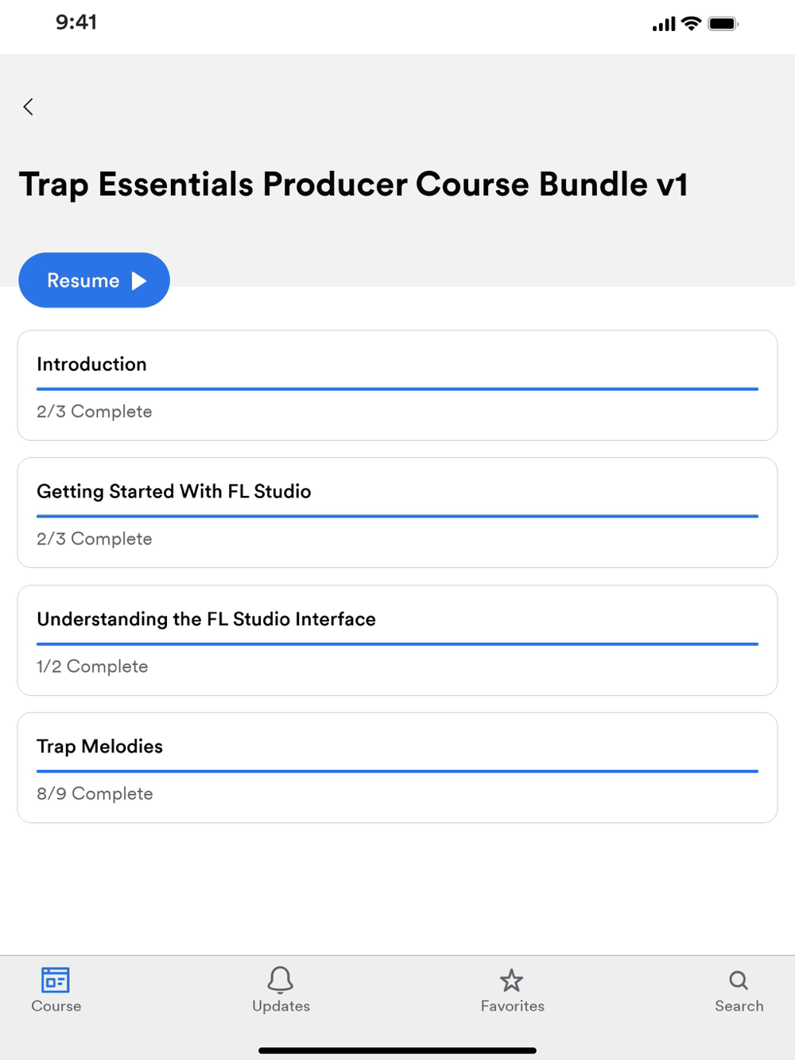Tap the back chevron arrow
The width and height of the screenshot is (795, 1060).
(x=29, y=106)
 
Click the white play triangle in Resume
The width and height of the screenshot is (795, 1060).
(x=139, y=280)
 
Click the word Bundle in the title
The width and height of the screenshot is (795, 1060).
(x=593, y=184)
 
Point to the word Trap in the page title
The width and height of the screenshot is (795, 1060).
(x=54, y=185)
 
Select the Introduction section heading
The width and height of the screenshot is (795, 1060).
(x=91, y=364)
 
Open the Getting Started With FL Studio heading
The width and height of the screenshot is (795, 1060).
(x=174, y=492)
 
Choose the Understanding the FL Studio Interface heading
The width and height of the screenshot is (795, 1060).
(x=206, y=619)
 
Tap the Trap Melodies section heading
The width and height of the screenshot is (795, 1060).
(x=100, y=747)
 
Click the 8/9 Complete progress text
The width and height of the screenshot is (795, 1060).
(x=95, y=794)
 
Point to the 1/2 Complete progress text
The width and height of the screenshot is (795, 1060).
(x=93, y=667)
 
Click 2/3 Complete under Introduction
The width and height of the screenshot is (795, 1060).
(x=95, y=412)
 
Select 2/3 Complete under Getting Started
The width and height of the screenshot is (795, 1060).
(x=95, y=539)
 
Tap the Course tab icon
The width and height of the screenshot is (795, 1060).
(x=56, y=981)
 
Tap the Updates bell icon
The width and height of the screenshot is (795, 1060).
(x=280, y=980)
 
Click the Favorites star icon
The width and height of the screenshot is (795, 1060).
(x=511, y=981)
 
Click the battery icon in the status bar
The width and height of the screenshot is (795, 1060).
(x=723, y=24)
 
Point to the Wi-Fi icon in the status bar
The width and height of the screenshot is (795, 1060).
(x=691, y=23)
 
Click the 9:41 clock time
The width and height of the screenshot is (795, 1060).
(x=76, y=22)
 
